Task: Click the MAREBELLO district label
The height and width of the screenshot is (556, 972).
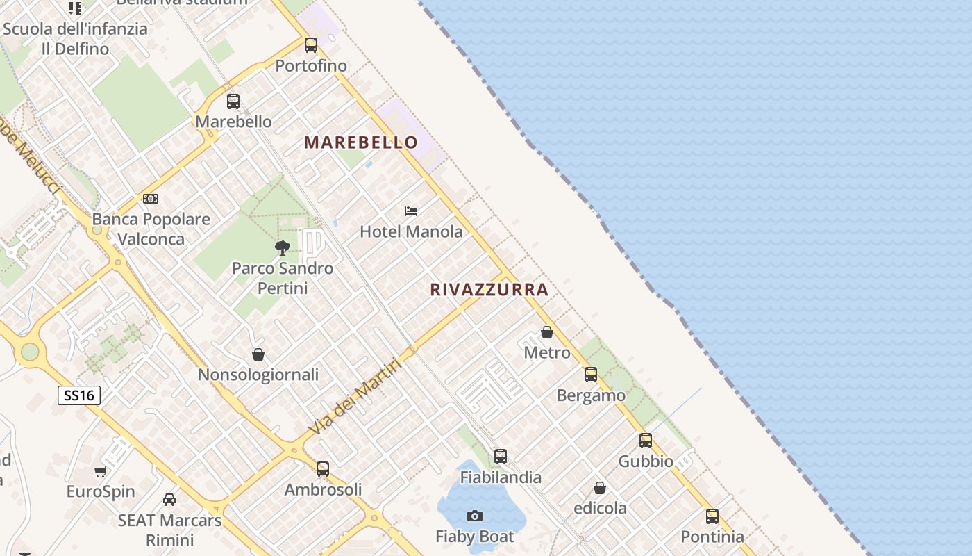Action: [x=361, y=142]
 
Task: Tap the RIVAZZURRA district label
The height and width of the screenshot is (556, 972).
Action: [x=489, y=290]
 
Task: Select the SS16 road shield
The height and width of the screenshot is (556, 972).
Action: [x=79, y=395]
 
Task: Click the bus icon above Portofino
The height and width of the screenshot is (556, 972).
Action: [x=311, y=45]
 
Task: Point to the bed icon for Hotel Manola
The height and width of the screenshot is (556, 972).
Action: [x=411, y=211]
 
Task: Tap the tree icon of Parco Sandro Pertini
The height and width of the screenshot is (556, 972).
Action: [x=283, y=247]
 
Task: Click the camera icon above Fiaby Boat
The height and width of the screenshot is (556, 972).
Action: [x=475, y=516]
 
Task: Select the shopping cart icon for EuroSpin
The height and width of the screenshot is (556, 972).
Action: [x=101, y=472]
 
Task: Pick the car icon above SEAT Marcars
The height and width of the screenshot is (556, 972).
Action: [x=169, y=500]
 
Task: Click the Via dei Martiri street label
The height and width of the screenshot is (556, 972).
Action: [x=355, y=397]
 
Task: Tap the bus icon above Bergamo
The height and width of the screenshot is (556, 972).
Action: [x=591, y=375]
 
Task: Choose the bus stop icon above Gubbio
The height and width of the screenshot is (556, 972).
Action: [x=646, y=441]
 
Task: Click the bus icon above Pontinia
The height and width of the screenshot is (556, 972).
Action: [x=712, y=516]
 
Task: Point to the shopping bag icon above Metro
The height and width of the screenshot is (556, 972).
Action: [x=547, y=332]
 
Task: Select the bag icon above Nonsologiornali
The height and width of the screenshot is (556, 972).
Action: [x=258, y=354]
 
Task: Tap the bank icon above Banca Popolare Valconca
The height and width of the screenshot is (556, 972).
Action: [x=151, y=199]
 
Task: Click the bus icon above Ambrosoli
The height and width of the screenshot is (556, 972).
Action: [x=323, y=469]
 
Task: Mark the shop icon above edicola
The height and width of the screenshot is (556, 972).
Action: [x=600, y=488]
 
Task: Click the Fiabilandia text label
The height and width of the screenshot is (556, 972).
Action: [x=501, y=477]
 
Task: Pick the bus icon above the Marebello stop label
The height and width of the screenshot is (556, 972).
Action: [x=233, y=101]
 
